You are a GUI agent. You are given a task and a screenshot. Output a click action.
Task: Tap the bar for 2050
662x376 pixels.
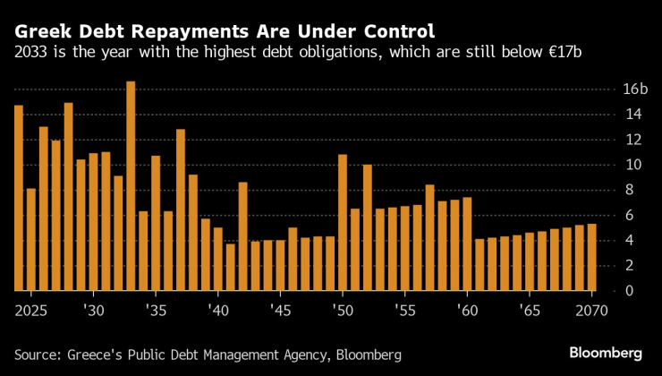click(x=343, y=223)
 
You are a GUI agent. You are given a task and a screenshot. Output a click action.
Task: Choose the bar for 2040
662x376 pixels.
click(x=217, y=260)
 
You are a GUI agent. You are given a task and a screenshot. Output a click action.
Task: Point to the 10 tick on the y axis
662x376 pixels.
click(x=608, y=165)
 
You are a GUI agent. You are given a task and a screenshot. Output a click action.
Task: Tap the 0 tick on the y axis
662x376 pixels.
click(x=604, y=291)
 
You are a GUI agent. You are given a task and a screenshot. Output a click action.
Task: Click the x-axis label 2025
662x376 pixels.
click(x=30, y=310)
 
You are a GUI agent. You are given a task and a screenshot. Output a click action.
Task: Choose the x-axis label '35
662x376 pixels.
click(x=155, y=310)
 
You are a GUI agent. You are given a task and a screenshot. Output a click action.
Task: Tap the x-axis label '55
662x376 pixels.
click(x=404, y=310)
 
